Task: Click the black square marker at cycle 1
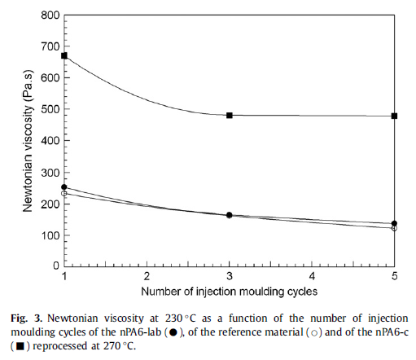pos(64,56)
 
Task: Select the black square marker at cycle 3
pos(230,116)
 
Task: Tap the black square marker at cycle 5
pos(394,116)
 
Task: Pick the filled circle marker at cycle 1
pos(64,187)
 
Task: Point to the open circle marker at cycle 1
pos(64,193)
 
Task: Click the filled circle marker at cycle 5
pos(394,223)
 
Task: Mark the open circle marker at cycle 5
pos(394,228)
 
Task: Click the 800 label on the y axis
pos(50,15)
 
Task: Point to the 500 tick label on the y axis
pos(50,109)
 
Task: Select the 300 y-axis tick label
pos(50,173)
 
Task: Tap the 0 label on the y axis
pos(56,266)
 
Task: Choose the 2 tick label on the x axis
pos(147,276)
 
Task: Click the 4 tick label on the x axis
pos(312,276)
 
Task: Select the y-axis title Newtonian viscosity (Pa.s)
pos(28,141)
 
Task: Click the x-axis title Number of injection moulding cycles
pos(230,292)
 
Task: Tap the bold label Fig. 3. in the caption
pos(27,318)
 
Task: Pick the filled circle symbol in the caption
pos(173,332)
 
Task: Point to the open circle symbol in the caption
pos(314,333)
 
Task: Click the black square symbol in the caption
pos(20,346)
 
